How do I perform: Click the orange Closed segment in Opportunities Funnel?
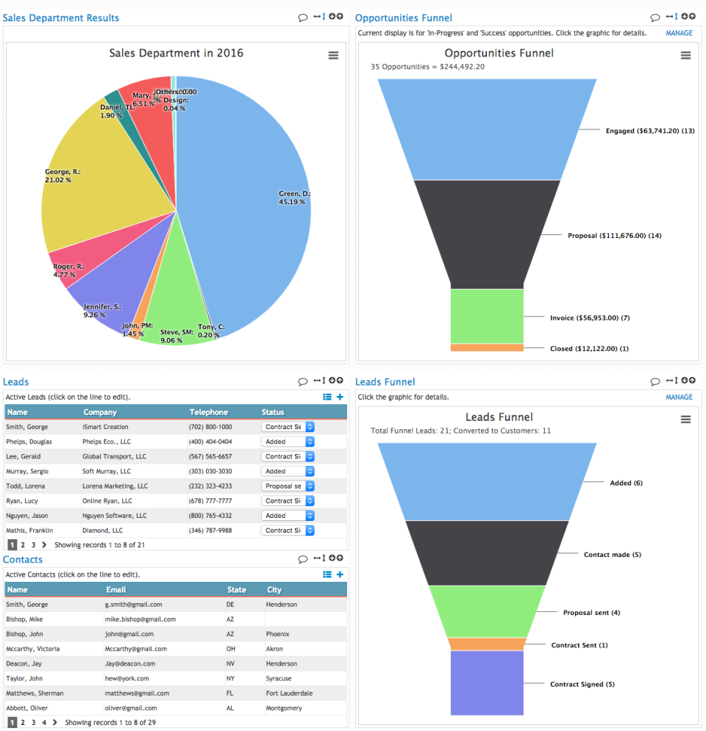click(x=487, y=348)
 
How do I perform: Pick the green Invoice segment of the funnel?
click(x=487, y=316)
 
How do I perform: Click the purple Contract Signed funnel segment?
click(x=487, y=683)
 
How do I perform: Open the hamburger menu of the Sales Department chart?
click(x=333, y=56)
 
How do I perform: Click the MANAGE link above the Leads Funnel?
click(x=679, y=397)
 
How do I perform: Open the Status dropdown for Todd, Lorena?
click(x=288, y=486)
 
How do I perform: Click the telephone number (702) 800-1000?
click(x=210, y=427)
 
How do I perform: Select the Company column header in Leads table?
click(x=100, y=412)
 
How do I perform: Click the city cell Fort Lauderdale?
click(x=289, y=693)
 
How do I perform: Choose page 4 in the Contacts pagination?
click(x=44, y=722)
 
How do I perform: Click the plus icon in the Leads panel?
click(x=340, y=397)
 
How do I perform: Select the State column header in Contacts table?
click(x=237, y=589)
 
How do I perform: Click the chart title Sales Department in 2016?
click(x=176, y=53)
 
